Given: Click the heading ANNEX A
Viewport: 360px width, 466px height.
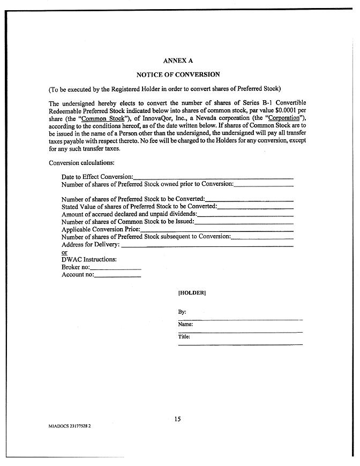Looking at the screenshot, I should point(178,61).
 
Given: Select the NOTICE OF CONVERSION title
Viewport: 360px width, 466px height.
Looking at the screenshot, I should point(178,75).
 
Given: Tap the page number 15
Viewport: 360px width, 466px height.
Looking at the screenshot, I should point(177,419).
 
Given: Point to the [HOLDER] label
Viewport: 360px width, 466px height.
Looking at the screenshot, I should point(192,293).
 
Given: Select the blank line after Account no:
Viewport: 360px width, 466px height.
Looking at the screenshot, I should point(117,276).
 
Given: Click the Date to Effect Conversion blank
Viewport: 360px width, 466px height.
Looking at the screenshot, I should point(213,177).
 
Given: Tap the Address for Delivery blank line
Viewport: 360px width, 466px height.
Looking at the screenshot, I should point(207,246).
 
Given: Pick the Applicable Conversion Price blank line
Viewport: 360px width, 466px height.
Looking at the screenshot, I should point(217,230).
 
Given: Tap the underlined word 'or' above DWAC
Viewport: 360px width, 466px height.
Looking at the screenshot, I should point(64,252).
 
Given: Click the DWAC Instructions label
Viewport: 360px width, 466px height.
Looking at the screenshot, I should point(89,260).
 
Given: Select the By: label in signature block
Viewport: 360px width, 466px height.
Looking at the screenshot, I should point(182,312).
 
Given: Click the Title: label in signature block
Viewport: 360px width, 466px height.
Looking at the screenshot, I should point(184,337).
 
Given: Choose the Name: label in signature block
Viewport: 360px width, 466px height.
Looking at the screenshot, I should point(185,324).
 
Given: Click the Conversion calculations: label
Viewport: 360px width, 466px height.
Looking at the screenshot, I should point(81,163).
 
